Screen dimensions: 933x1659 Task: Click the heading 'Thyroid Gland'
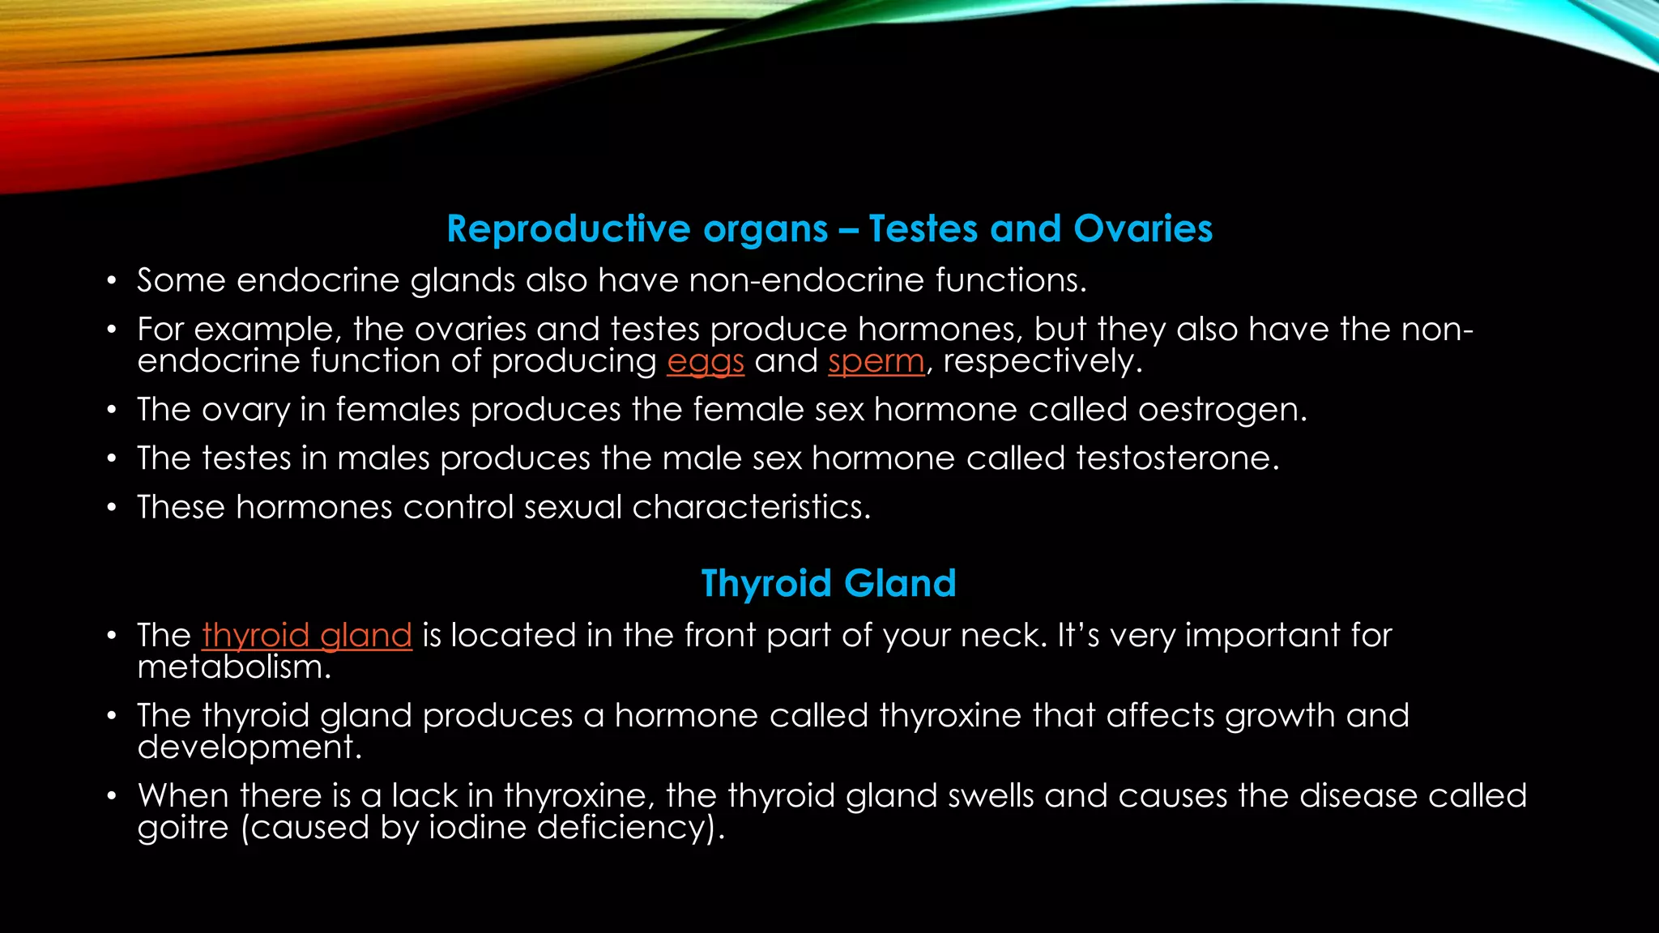click(828, 583)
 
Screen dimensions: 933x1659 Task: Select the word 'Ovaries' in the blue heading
click(1143, 229)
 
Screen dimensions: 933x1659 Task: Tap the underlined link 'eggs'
click(705, 361)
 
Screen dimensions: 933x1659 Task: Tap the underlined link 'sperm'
click(876, 361)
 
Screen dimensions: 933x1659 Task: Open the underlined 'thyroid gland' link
click(307, 635)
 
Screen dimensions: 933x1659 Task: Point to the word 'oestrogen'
click(1221, 410)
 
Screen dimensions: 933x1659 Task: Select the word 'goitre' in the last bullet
click(183, 828)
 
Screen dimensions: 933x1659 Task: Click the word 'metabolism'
click(232, 667)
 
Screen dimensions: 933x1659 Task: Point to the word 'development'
click(247, 747)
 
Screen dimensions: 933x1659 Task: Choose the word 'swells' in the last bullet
click(990, 796)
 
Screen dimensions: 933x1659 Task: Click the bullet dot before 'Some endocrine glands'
click(112, 282)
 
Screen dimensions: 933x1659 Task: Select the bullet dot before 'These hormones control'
click(112, 509)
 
